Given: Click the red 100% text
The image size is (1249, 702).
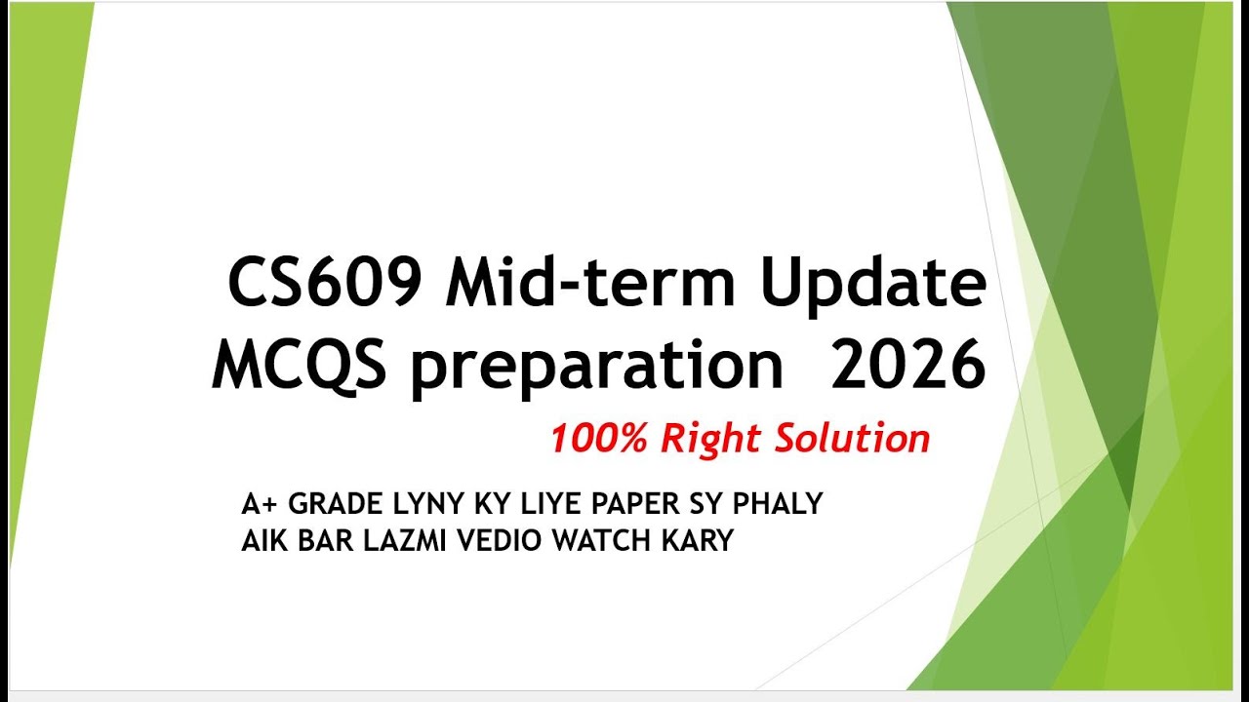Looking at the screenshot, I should click(599, 439).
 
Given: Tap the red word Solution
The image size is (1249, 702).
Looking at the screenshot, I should click(853, 439).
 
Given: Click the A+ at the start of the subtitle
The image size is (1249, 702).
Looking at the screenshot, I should click(261, 505).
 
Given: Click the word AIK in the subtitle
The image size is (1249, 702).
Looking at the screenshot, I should click(261, 540).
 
